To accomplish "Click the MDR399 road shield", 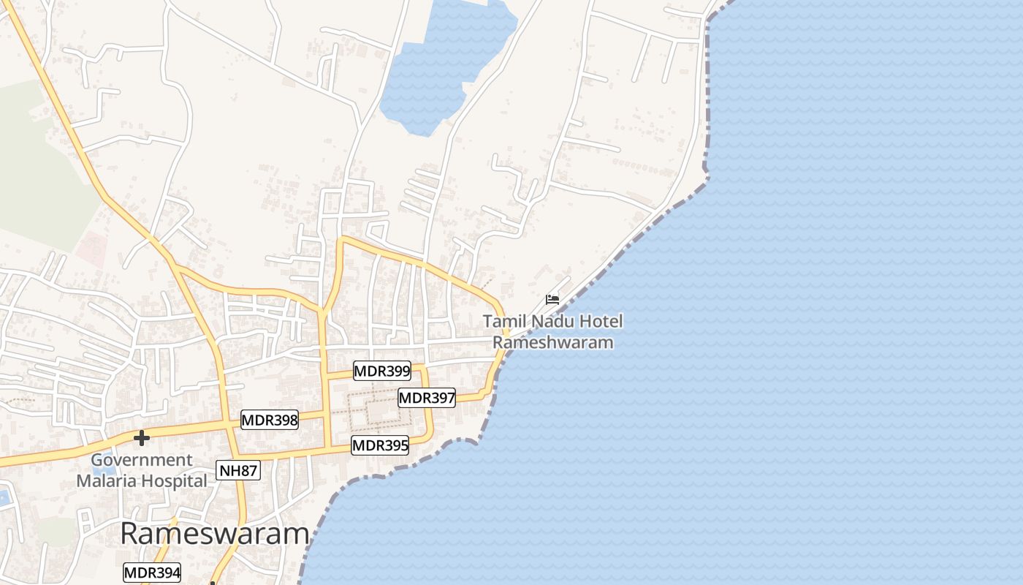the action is click(381, 371).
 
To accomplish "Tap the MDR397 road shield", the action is click(427, 398).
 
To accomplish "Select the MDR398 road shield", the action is click(270, 420).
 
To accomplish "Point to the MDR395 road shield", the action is click(380, 445).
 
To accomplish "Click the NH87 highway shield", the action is click(238, 470).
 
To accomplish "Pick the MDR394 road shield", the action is click(152, 573).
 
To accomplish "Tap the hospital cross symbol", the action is click(142, 438).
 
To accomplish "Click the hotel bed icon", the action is click(552, 299).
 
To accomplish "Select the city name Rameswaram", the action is click(214, 534).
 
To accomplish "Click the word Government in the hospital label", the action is click(142, 460).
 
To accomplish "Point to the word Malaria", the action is click(111, 481).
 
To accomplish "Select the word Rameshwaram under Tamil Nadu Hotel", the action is click(553, 342).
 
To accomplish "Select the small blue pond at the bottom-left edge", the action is click(4, 498).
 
